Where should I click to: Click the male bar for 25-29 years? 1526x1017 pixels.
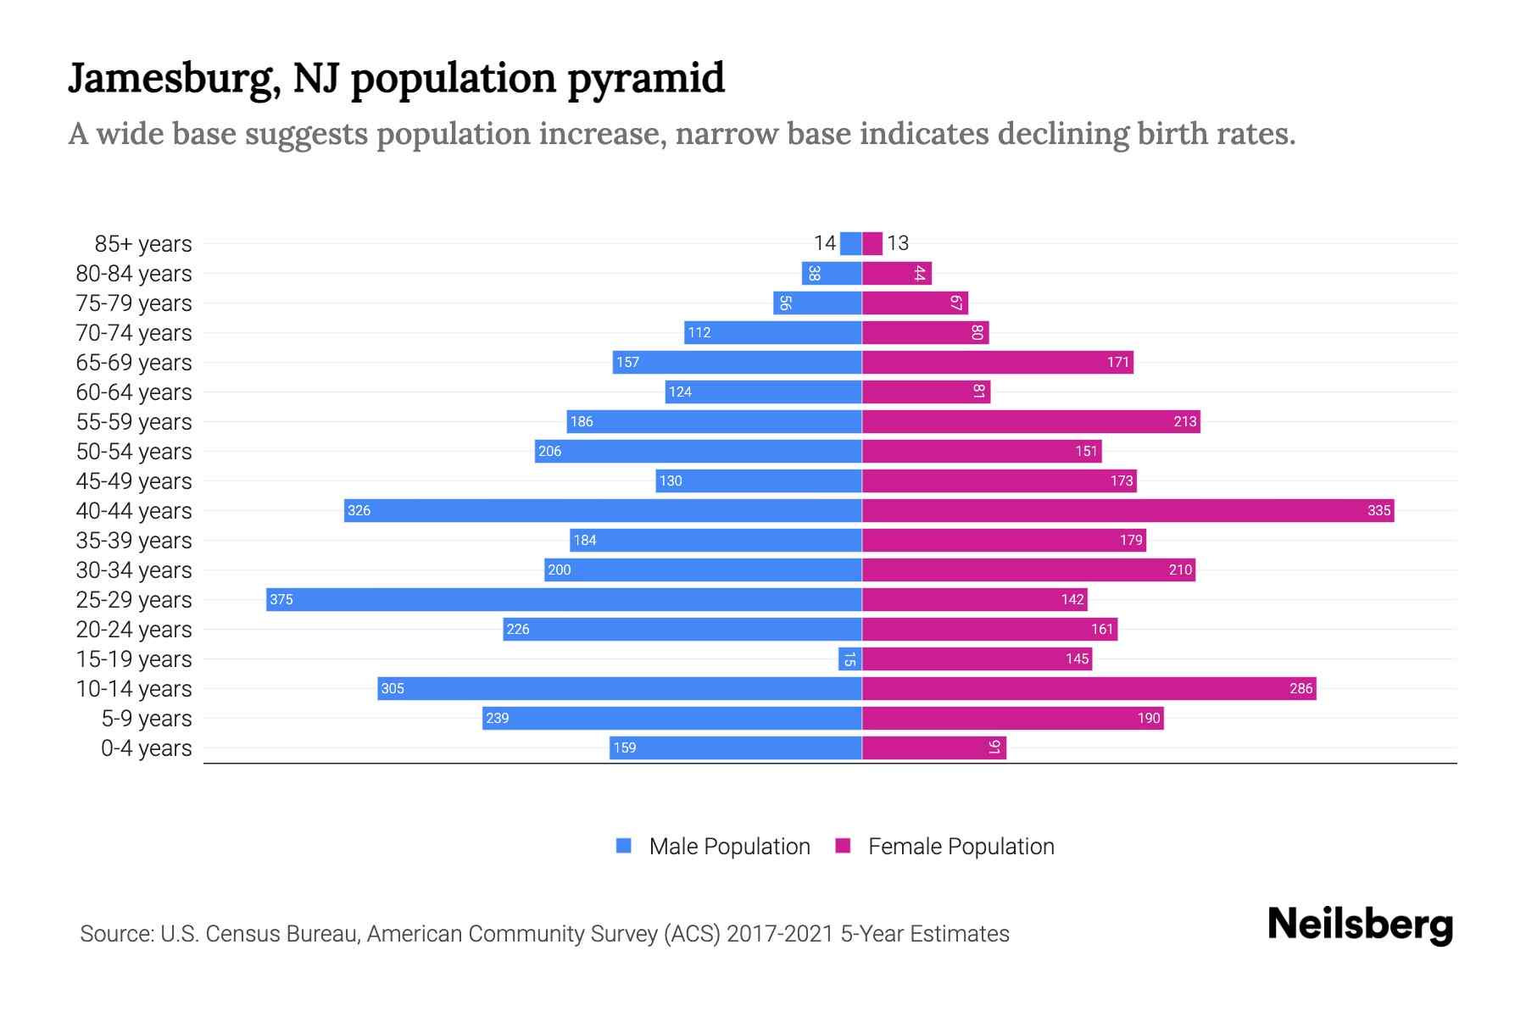click(x=564, y=599)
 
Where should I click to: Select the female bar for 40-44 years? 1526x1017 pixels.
click(x=1128, y=510)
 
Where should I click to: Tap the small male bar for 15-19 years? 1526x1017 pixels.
click(x=850, y=659)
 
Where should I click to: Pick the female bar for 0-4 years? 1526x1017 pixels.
click(x=934, y=747)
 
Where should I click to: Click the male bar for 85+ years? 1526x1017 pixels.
click(x=851, y=243)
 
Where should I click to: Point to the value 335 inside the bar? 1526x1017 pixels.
click(x=1378, y=510)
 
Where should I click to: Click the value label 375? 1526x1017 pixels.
click(x=281, y=599)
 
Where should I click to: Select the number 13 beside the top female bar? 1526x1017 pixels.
click(x=898, y=243)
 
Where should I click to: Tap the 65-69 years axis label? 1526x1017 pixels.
click(x=134, y=362)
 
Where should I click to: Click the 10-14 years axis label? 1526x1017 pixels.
click(x=134, y=688)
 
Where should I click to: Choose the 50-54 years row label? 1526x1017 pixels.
click(x=134, y=451)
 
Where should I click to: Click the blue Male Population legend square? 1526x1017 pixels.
click(x=624, y=846)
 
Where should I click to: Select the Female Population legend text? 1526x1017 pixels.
click(x=961, y=846)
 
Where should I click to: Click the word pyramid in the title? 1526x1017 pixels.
click(x=645, y=79)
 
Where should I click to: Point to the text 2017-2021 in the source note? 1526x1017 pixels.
click(x=779, y=933)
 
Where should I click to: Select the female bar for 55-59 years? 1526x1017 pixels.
click(x=1031, y=421)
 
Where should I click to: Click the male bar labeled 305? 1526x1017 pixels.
click(x=620, y=688)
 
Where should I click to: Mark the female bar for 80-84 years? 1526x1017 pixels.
click(x=897, y=273)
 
